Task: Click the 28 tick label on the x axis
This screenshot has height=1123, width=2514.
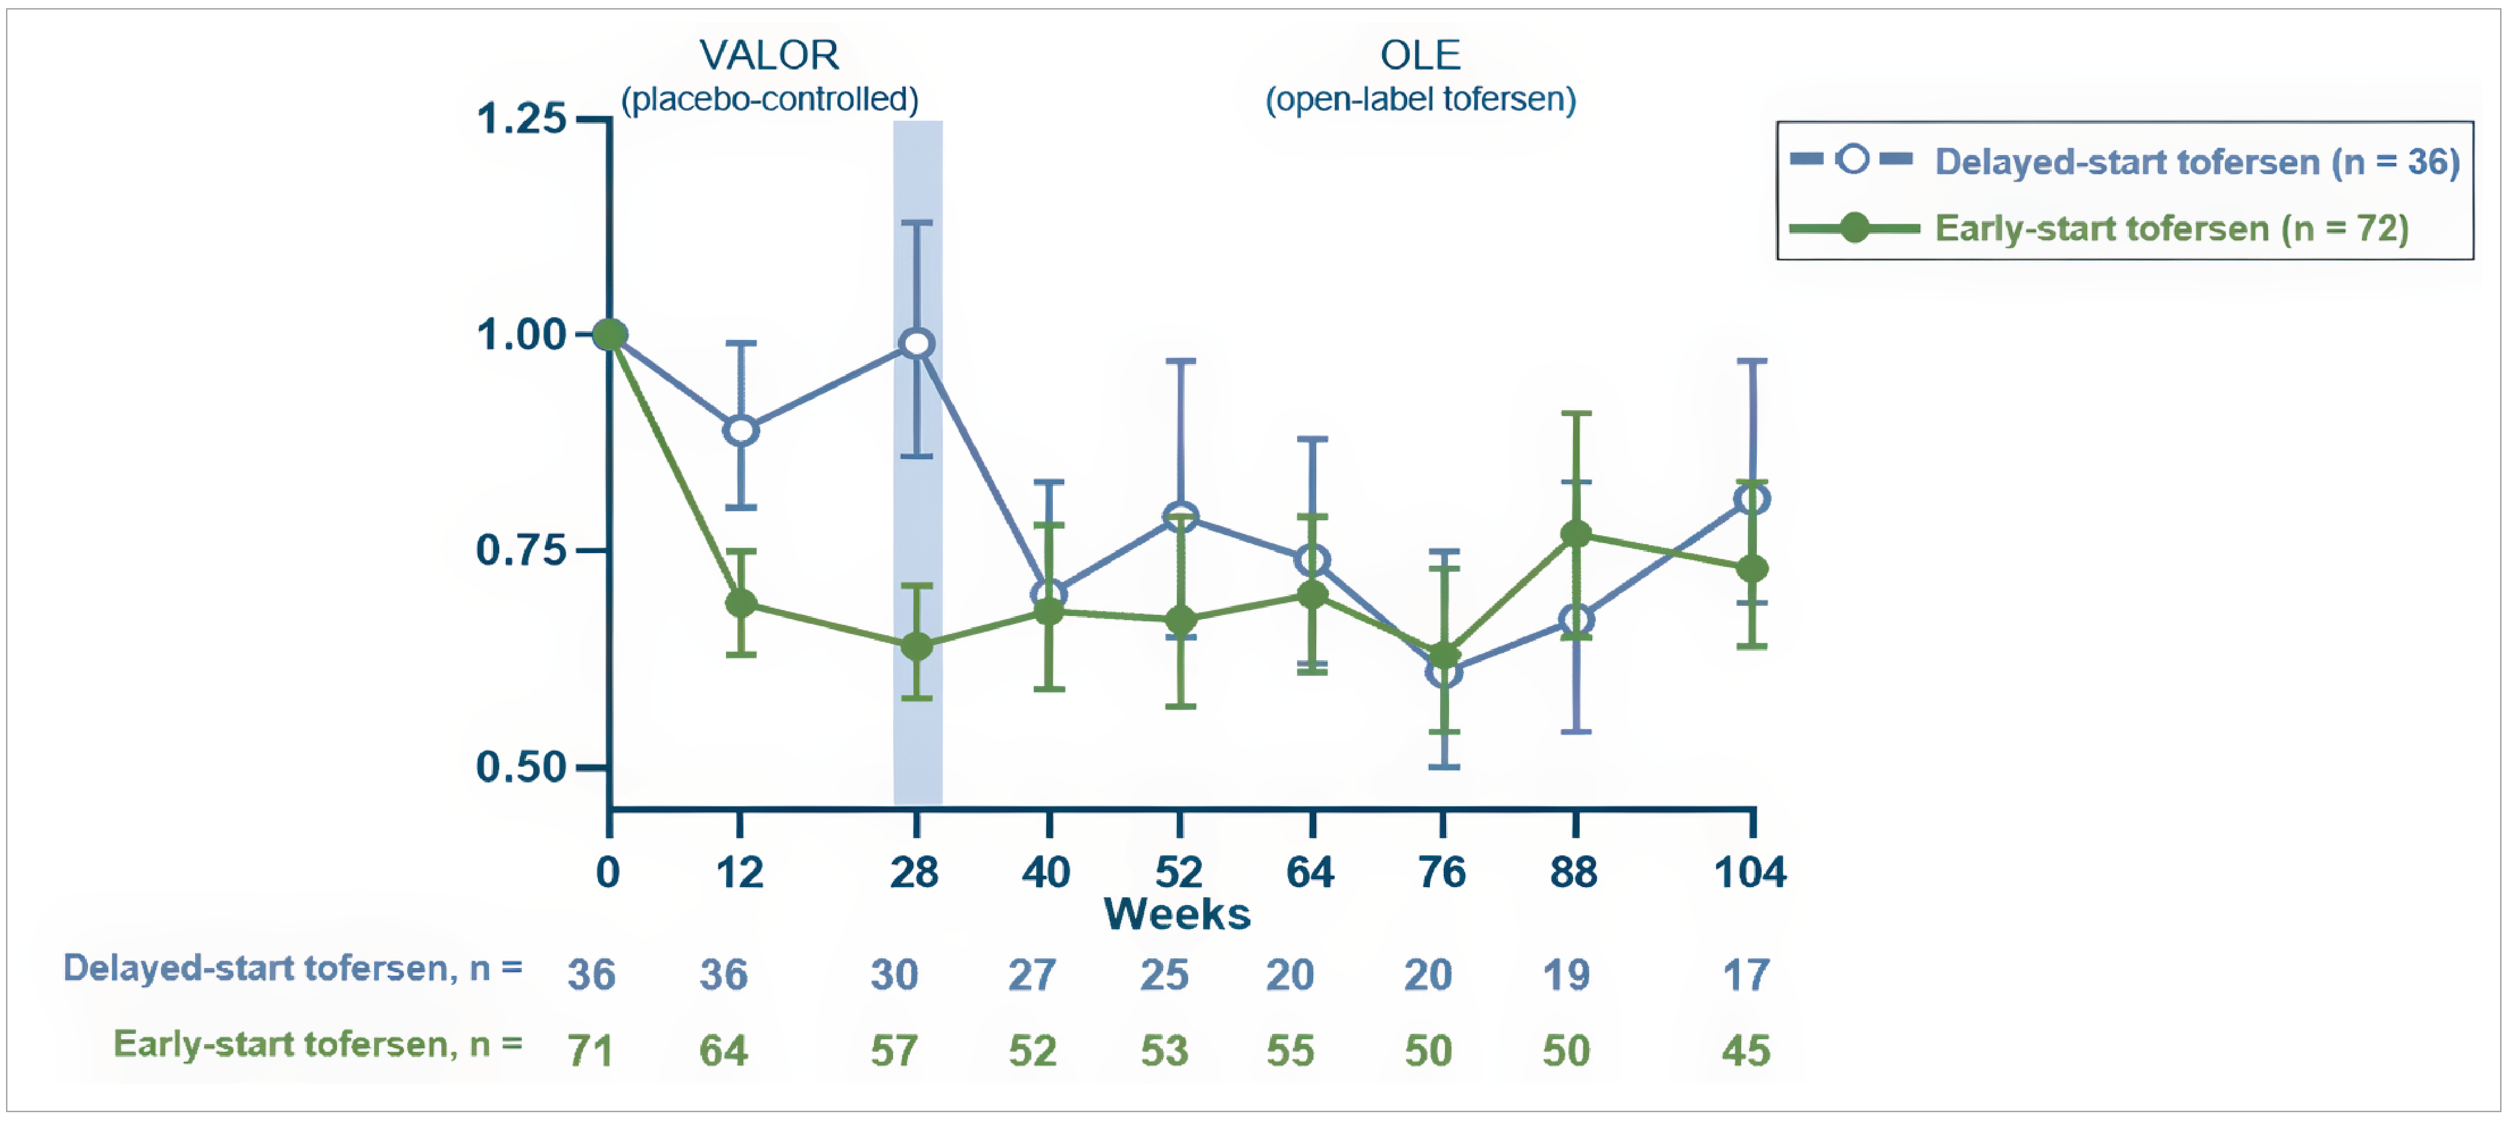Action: click(915, 871)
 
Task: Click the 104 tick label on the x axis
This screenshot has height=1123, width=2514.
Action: click(1750, 871)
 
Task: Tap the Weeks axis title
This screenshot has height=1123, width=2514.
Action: click(1177, 914)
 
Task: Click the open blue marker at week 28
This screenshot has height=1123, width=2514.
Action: click(916, 344)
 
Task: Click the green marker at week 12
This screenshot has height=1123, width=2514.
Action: click(741, 603)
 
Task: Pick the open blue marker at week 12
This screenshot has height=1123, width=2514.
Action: click(741, 430)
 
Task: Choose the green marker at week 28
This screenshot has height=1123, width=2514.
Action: click(916, 646)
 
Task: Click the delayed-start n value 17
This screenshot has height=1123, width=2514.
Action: click(1746, 975)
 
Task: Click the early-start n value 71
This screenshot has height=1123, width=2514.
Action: click(590, 1051)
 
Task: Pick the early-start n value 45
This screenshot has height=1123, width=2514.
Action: click(1746, 1051)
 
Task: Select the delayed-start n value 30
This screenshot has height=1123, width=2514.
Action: click(894, 975)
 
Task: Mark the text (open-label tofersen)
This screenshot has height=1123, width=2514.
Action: click(1420, 99)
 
